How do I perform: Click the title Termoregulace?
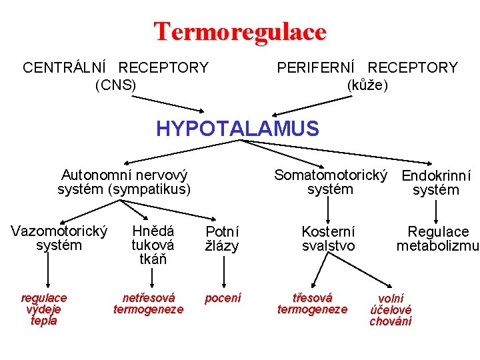(x=240, y=31)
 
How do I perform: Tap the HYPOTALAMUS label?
(x=237, y=128)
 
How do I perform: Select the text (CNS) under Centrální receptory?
(x=115, y=85)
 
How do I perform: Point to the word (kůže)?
(x=367, y=85)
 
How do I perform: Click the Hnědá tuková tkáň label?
(x=153, y=245)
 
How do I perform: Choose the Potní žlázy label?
(x=222, y=239)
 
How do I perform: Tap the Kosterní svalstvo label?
(x=328, y=239)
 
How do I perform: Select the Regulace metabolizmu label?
(x=438, y=239)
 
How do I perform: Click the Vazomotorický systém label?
(x=59, y=238)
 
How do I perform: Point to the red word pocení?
(x=223, y=298)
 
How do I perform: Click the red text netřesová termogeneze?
(x=148, y=303)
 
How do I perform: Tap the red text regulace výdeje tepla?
(x=44, y=309)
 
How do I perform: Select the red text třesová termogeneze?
(x=312, y=303)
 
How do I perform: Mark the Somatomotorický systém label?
(x=331, y=182)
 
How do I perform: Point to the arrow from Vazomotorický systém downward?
(x=47, y=270)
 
